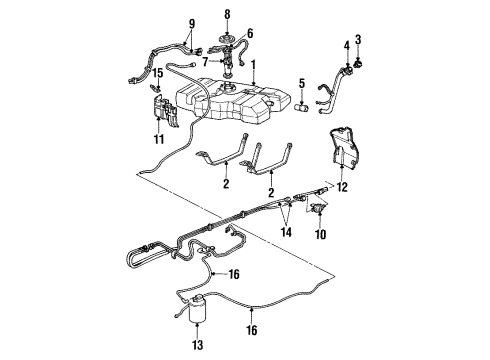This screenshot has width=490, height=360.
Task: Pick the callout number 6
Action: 250,33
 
